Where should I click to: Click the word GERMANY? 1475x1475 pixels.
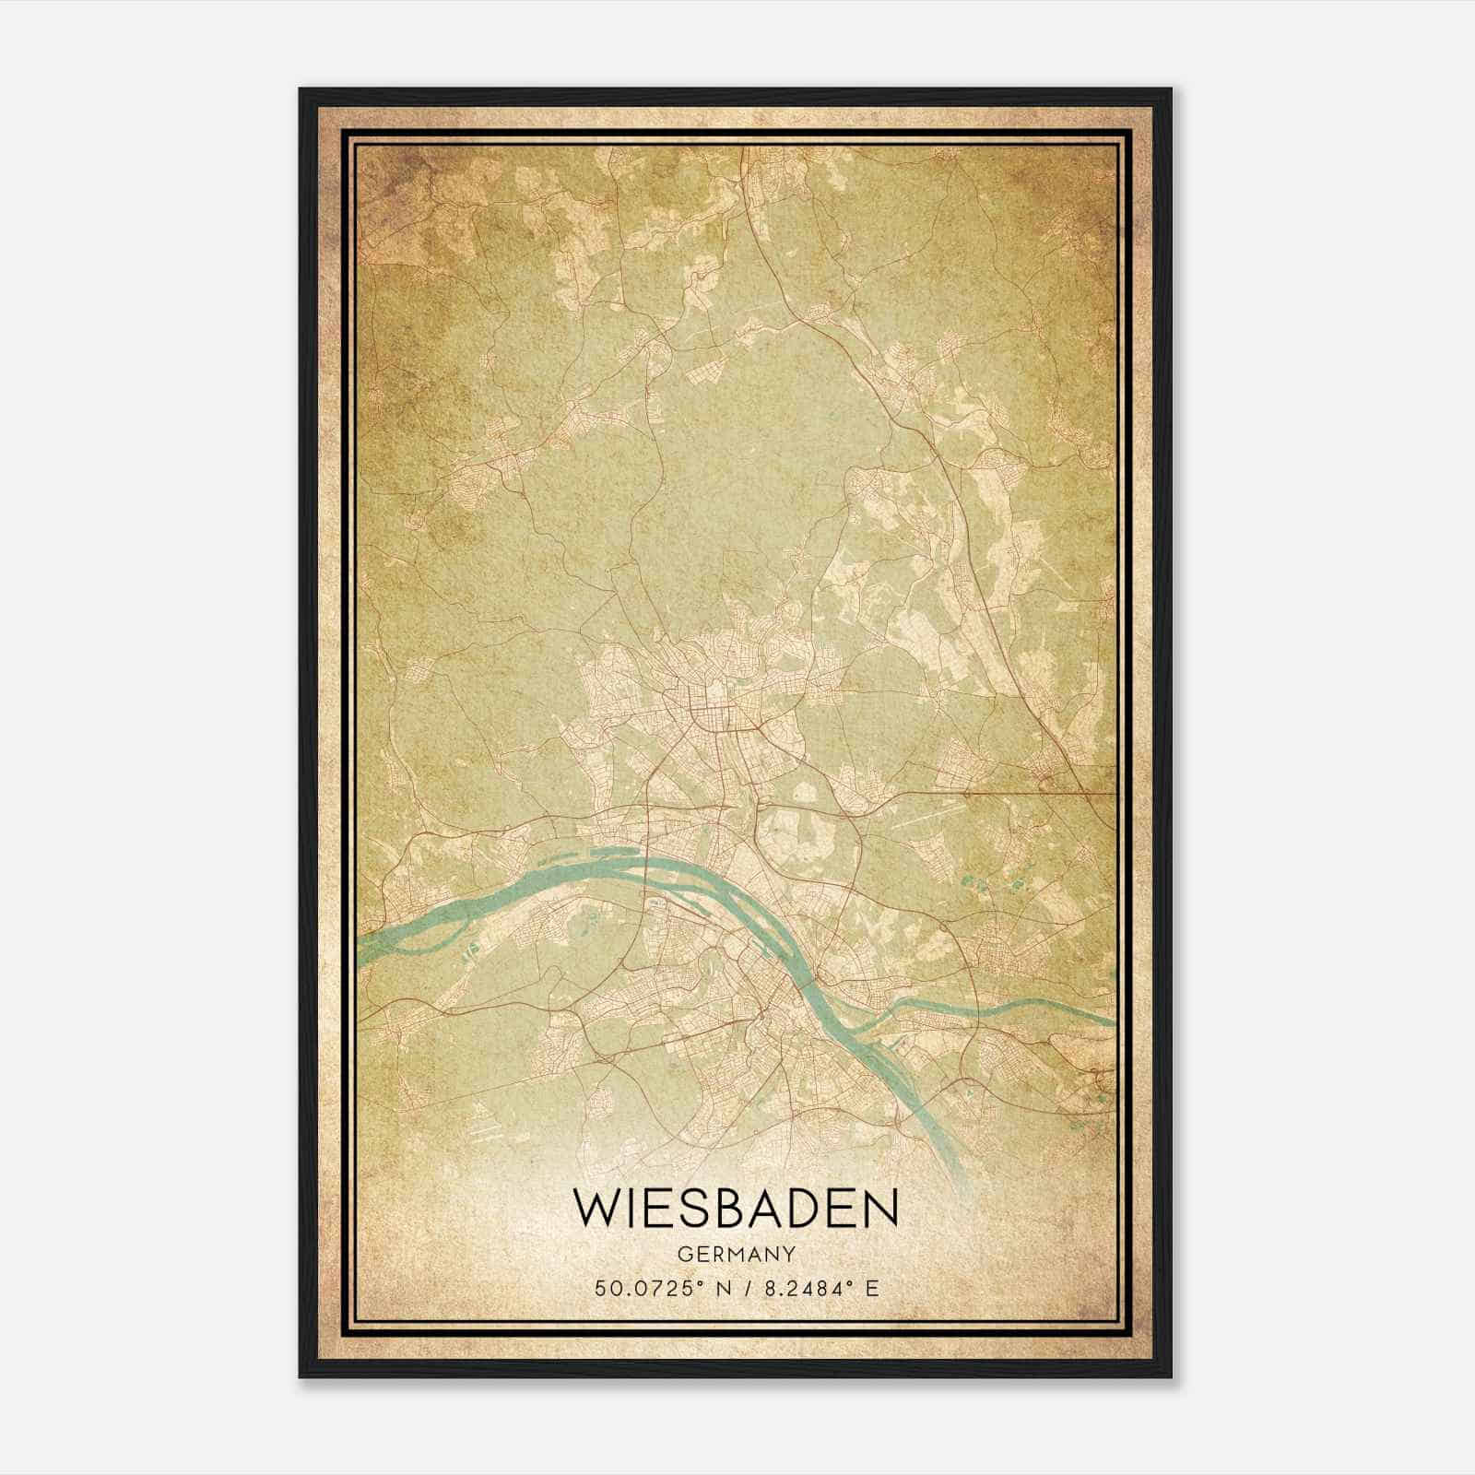pos(736,1255)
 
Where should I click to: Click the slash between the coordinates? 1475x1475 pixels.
pos(749,1288)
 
